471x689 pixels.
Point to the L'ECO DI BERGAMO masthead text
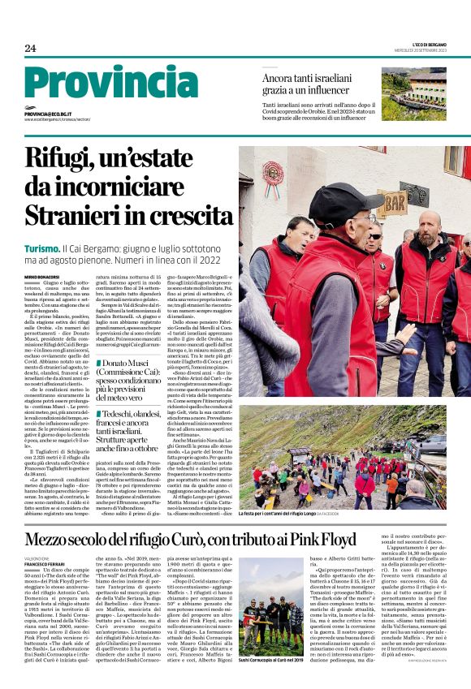click(x=428, y=42)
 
